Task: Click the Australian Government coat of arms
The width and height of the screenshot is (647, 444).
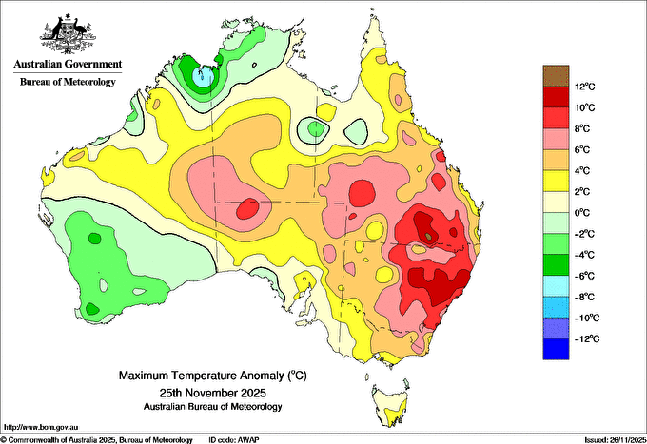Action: (68, 32)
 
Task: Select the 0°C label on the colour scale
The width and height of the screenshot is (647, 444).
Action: (584, 213)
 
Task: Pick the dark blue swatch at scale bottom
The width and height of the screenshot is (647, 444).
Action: (556, 349)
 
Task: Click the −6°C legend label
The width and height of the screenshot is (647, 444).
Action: (582, 276)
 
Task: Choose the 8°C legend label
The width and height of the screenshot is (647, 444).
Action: (584, 129)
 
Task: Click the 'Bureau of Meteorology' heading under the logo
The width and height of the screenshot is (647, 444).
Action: (68, 82)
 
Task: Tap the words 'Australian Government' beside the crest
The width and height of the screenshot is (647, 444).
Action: (68, 65)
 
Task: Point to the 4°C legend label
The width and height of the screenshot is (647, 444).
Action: (584, 171)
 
